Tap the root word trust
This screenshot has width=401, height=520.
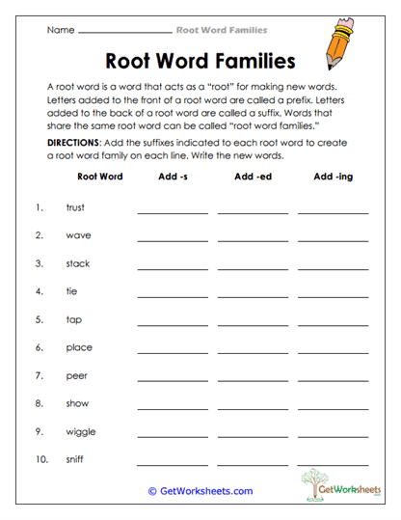tap(75, 207)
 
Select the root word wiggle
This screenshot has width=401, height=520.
tap(80, 432)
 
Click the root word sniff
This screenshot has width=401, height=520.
tap(74, 460)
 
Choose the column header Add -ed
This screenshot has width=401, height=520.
tap(253, 178)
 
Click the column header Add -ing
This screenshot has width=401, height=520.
tap(334, 178)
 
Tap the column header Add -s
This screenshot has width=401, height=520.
tap(172, 178)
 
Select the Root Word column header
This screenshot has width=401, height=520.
tap(99, 178)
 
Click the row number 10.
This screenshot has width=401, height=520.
tap(41, 460)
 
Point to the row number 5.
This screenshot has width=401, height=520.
tap(40, 319)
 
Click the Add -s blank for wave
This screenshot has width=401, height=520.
tap(173, 238)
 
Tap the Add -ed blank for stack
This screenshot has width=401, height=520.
tap(253, 266)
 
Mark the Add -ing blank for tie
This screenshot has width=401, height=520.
tap(333, 294)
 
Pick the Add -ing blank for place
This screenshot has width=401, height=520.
tap(333, 350)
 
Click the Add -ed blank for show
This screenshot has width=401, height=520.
tap(253, 406)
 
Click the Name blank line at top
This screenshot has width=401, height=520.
tap(124, 32)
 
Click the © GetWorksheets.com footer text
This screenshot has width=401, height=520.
tap(200, 491)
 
